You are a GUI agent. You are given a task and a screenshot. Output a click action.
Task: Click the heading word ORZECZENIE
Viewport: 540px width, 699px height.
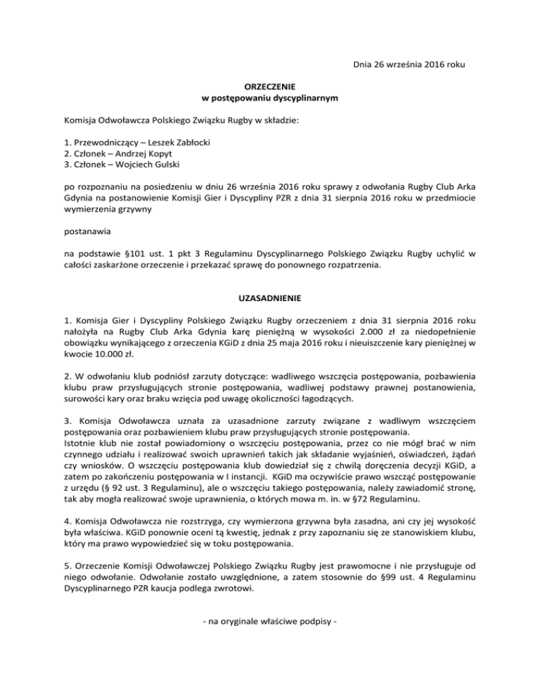270,84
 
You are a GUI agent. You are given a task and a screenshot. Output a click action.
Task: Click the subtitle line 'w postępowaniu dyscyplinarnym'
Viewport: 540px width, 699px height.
270,96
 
